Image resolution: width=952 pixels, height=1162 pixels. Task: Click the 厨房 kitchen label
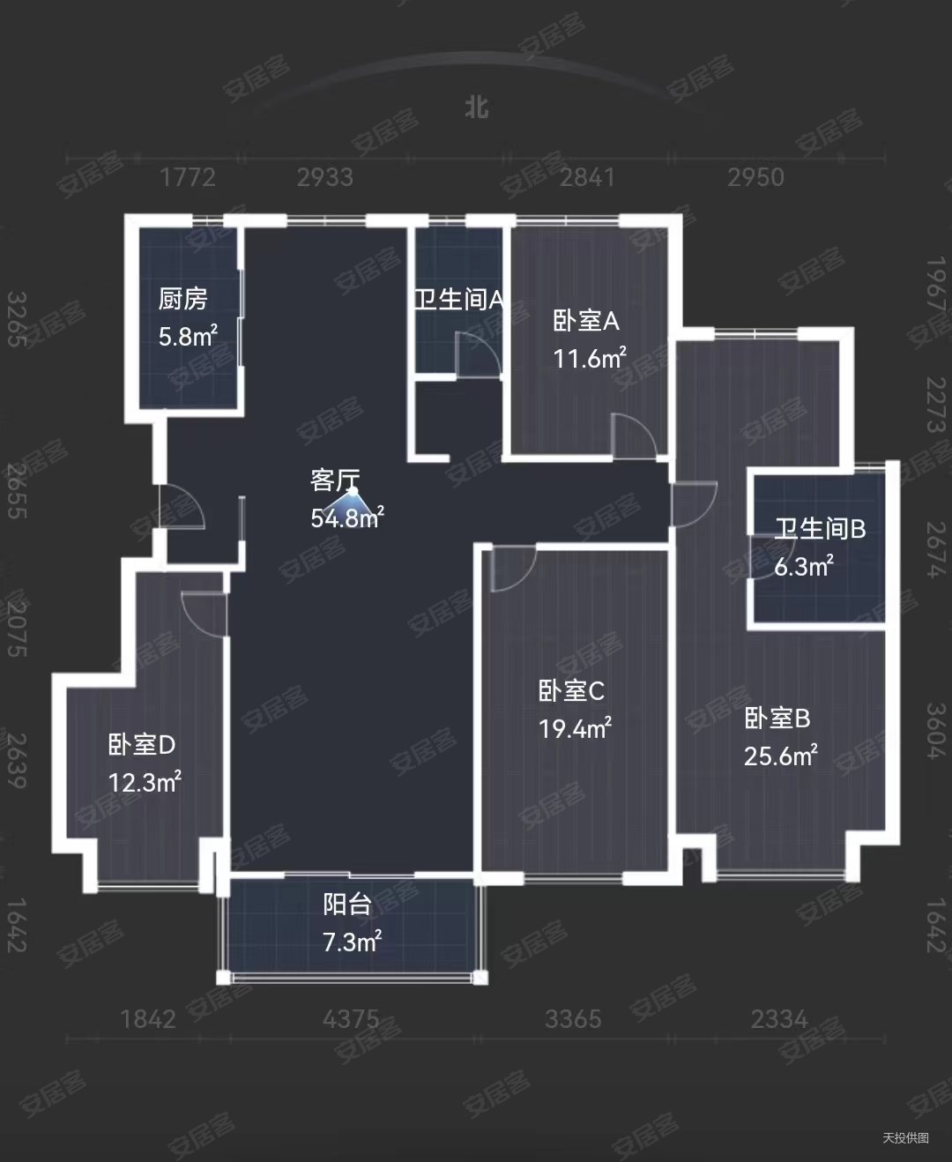click(182, 300)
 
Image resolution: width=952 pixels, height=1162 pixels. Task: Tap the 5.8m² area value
click(187, 336)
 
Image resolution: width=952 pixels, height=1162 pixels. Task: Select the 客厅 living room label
click(335, 480)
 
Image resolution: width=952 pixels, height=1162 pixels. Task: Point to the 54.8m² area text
click(346, 518)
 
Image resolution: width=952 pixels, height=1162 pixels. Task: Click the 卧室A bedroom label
click(586, 321)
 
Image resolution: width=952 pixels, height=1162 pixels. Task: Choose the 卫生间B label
click(820, 529)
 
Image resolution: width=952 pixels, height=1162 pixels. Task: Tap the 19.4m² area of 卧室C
click(575, 728)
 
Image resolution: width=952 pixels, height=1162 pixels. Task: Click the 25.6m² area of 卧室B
click(781, 756)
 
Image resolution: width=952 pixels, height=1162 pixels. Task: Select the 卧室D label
click(142, 745)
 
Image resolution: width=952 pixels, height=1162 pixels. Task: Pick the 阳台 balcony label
click(346, 905)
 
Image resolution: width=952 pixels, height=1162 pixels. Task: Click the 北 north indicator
click(477, 108)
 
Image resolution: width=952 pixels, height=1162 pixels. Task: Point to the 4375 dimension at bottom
click(351, 1020)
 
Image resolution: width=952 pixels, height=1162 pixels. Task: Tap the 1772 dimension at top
click(188, 177)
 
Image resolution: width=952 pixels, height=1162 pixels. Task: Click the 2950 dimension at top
click(755, 177)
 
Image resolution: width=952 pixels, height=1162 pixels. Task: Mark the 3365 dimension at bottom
click(573, 1020)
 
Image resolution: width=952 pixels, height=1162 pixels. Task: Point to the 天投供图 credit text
click(905, 1137)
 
